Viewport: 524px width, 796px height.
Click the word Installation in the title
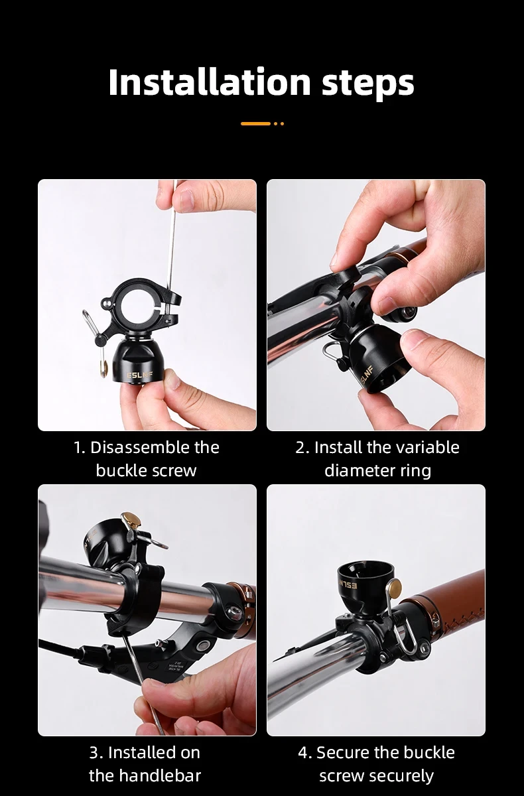coord(209,83)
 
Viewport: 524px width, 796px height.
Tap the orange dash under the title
coord(255,123)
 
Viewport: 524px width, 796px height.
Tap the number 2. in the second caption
coord(302,448)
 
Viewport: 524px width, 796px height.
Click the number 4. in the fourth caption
coord(304,753)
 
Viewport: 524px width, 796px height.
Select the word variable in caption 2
coord(426,448)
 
